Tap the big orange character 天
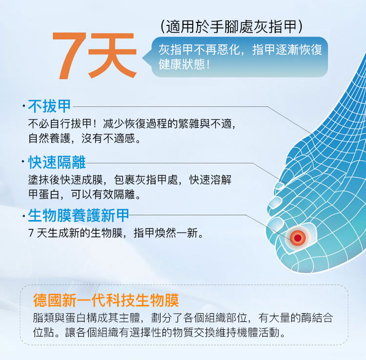point(112,56)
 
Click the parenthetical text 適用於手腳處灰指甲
point(231,27)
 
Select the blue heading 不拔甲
point(49,106)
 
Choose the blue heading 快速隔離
point(57,162)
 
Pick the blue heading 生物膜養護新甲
point(79,215)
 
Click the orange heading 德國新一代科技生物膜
point(106,300)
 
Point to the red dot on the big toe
point(298,238)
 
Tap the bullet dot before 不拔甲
point(23,106)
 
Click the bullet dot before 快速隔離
point(23,161)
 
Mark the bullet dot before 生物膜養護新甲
point(23,216)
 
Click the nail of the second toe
point(276,202)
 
